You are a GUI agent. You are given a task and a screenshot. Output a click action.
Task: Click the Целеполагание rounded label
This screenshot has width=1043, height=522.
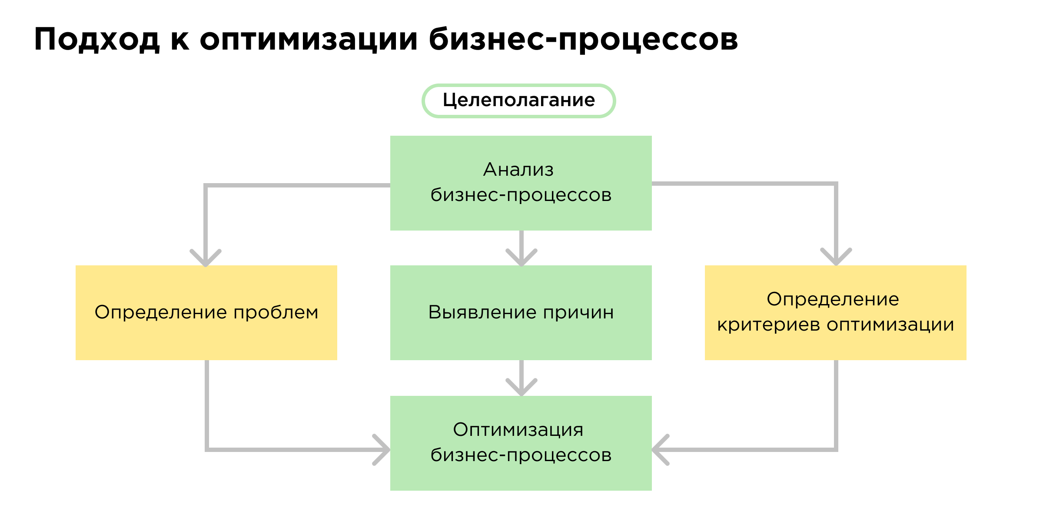click(x=518, y=100)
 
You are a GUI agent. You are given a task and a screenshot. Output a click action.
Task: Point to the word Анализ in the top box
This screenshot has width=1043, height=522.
click(x=518, y=169)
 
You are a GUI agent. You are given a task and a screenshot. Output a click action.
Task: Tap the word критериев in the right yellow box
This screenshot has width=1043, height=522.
click(x=768, y=325)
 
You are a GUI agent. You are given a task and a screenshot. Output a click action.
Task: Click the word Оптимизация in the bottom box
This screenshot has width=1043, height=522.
click(x=518, y=429)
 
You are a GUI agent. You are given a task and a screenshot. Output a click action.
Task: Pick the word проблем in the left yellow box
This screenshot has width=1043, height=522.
click(x=276, y=312)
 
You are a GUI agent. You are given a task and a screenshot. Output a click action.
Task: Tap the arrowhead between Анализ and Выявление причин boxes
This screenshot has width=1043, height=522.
click(x=521, y=258)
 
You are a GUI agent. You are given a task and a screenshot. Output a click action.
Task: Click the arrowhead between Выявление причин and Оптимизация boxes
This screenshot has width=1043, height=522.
click(x=521, y=387)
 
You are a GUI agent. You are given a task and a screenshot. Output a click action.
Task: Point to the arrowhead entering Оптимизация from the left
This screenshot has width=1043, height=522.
click(x=382, y=450)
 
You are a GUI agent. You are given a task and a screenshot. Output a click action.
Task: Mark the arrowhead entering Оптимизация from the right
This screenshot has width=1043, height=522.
click(x=660, y=450)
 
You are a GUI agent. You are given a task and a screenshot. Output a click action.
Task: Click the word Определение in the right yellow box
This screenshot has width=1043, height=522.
click(x=833, y=299)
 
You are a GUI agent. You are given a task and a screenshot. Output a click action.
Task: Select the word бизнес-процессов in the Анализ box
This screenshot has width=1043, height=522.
click(x=521, y=195)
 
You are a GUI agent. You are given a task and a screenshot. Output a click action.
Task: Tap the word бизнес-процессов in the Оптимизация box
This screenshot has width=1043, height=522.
click(x=521, y=455)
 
